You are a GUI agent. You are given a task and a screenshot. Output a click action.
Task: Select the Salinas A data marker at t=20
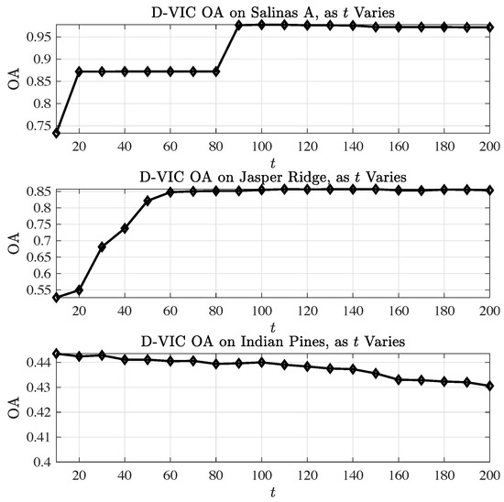point(79,71)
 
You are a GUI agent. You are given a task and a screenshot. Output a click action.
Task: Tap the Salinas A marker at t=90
point(239,26)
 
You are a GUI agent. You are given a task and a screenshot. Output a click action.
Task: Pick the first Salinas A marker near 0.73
point(56,133)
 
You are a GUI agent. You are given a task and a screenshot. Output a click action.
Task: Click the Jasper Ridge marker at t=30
point(102,246)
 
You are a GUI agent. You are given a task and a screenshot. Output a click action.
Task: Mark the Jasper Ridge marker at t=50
point(148,201)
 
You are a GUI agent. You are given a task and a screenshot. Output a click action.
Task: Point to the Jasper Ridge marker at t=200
point(491,191)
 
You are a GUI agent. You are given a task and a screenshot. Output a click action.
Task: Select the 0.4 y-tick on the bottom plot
point(40,462)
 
